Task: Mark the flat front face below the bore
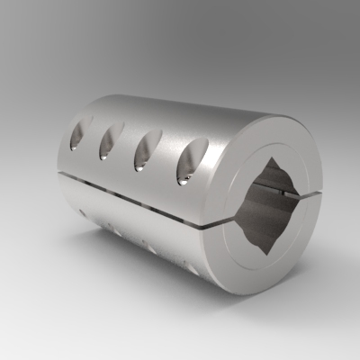[x=270, y=270]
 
